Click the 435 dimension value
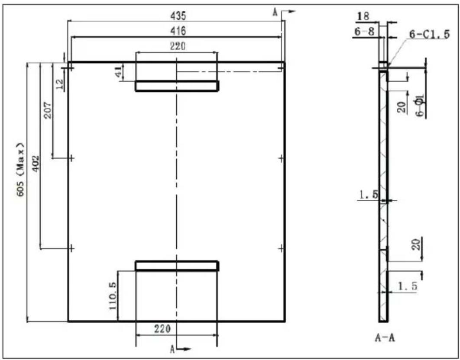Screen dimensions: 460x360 [x=178, y=16]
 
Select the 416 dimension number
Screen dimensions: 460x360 [x=178, y=30]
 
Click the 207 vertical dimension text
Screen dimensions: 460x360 [x=48, y=110]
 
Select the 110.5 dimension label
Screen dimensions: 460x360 [x=113, y=296]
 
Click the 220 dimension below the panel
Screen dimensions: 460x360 [x=162, y=329]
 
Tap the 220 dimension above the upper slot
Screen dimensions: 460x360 [x=178, y=46]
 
